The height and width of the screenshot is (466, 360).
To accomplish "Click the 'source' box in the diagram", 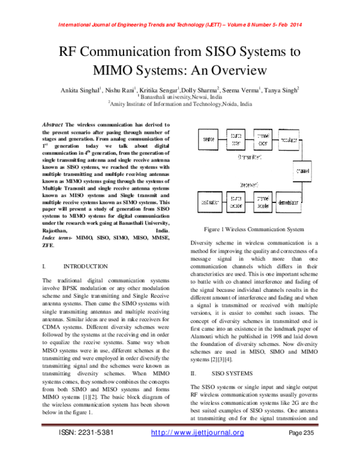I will tap(209, 140).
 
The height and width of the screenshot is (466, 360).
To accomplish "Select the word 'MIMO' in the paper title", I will tap(85, 68).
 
